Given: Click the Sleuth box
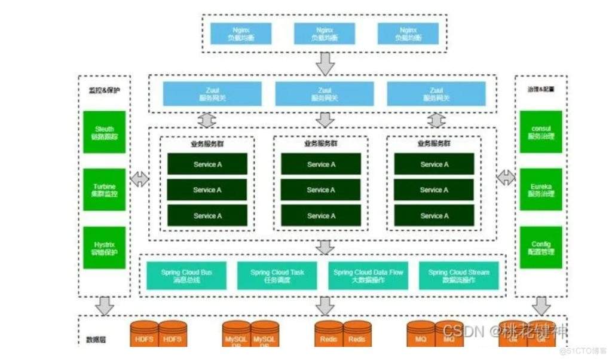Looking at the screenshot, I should tap(104, 133).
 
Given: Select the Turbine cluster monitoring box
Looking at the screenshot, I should tap(104, 190).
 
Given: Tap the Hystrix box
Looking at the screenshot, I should tap(104, 248).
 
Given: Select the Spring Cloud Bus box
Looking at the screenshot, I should tap(186, 276).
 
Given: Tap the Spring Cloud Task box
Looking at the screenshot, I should tap(277, 276).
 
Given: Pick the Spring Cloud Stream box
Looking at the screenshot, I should tap(458, 276).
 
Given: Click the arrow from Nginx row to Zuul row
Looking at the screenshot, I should tap(325, 63).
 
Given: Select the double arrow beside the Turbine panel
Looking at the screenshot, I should tap(140, 178).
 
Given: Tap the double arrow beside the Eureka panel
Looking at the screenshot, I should tap(506, 177).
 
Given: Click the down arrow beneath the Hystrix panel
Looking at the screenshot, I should tap(105, 306).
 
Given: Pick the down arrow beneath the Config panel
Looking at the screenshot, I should tap(541, 306).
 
